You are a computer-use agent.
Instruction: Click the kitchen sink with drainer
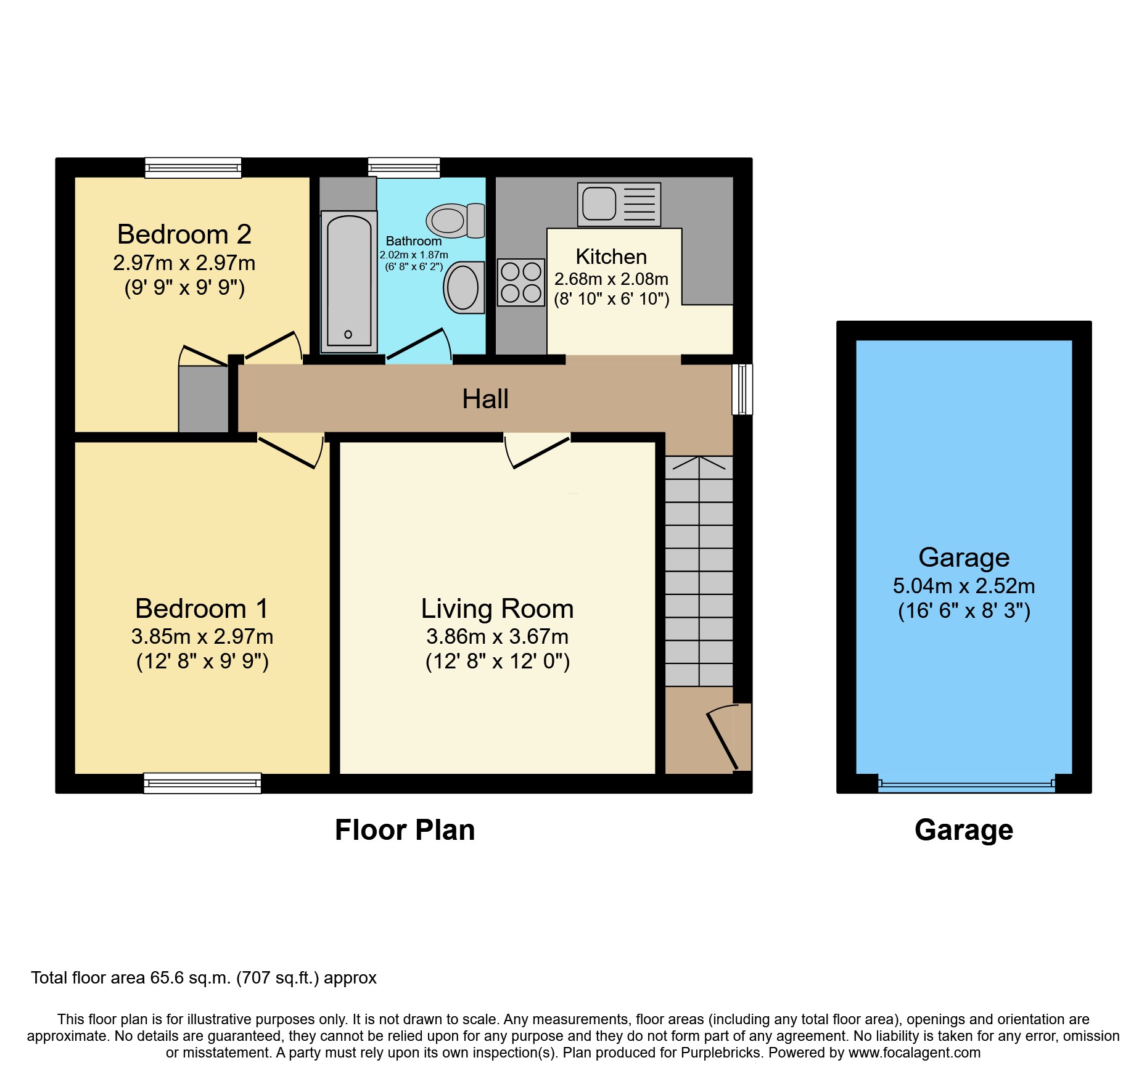click(619, 204)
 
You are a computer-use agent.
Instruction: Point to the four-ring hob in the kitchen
click(521, 282)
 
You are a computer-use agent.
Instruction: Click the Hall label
click(485, 399)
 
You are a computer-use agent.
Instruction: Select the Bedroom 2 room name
click(184, 234)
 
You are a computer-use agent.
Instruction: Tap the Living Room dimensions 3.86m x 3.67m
click(497, 636)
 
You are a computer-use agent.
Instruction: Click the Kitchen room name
click(611, 257)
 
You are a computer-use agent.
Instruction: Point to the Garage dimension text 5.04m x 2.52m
click(964, 586)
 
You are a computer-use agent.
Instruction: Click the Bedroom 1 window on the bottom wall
click(202, 783)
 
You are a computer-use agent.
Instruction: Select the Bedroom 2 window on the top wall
click(193, 168)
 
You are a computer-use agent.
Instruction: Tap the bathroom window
click(404, 168)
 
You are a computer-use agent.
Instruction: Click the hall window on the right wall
click(742, 389)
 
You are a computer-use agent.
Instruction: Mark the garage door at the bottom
click(966, 785)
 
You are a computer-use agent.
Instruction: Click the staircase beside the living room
click(699, 571)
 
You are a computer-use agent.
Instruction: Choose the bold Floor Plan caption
click(405, 830)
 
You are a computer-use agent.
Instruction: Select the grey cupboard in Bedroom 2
click(203, 399)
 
